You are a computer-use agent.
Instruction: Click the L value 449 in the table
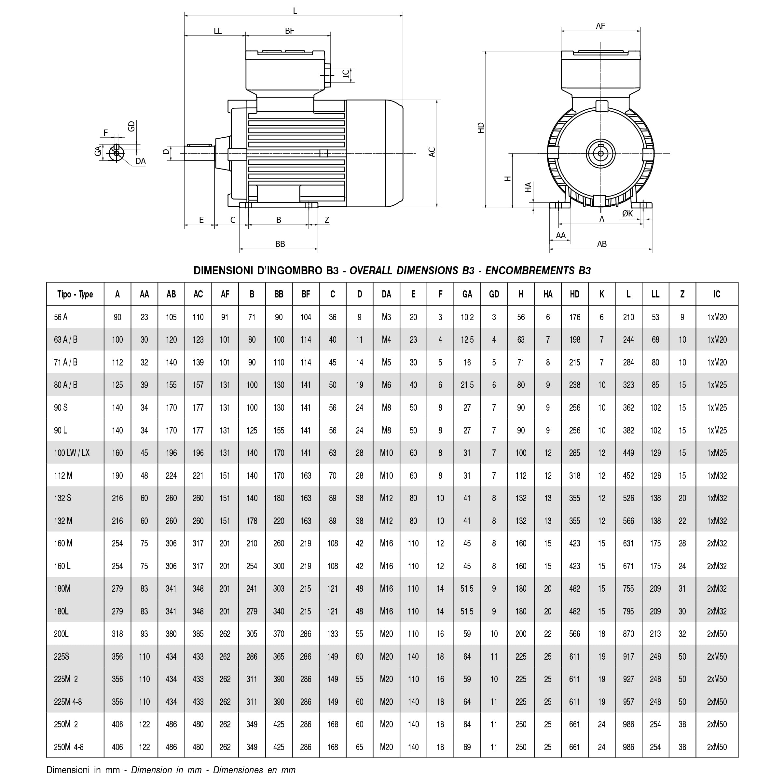[x=628, y=453]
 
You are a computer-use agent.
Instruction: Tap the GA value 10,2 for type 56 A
[x=467, y=317]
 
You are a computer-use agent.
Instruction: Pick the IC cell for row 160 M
[x=717, y=543]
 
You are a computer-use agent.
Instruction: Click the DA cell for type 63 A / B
[x=386, y=340]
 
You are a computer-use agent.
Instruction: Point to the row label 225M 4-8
[x=68, y=702]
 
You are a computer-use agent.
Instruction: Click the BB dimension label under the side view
[x=280, y=244]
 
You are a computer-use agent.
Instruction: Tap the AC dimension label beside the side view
[x=432, y=152]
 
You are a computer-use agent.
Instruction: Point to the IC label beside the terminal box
[x=346, y=74]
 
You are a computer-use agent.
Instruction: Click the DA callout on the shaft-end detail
[x=140, y=161]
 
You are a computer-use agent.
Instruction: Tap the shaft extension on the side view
[x=199, y=153]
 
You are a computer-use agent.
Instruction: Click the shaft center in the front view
[x=600, y=153]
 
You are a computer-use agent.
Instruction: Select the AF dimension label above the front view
[x=600, y=26]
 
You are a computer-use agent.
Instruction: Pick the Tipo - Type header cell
[x=75, y=294]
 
